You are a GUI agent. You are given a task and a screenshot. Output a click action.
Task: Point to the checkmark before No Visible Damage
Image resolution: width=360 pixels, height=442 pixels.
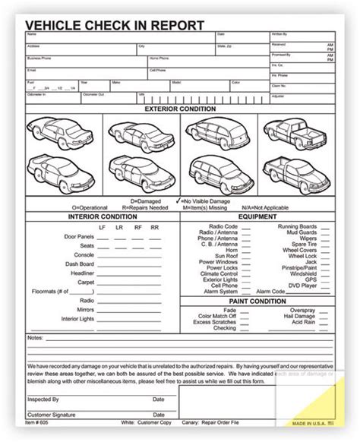point(178,199)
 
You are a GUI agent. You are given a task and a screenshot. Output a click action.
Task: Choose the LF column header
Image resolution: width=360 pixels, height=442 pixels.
point(103,226)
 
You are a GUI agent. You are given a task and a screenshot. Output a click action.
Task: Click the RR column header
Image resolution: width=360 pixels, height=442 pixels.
point(155,226)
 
